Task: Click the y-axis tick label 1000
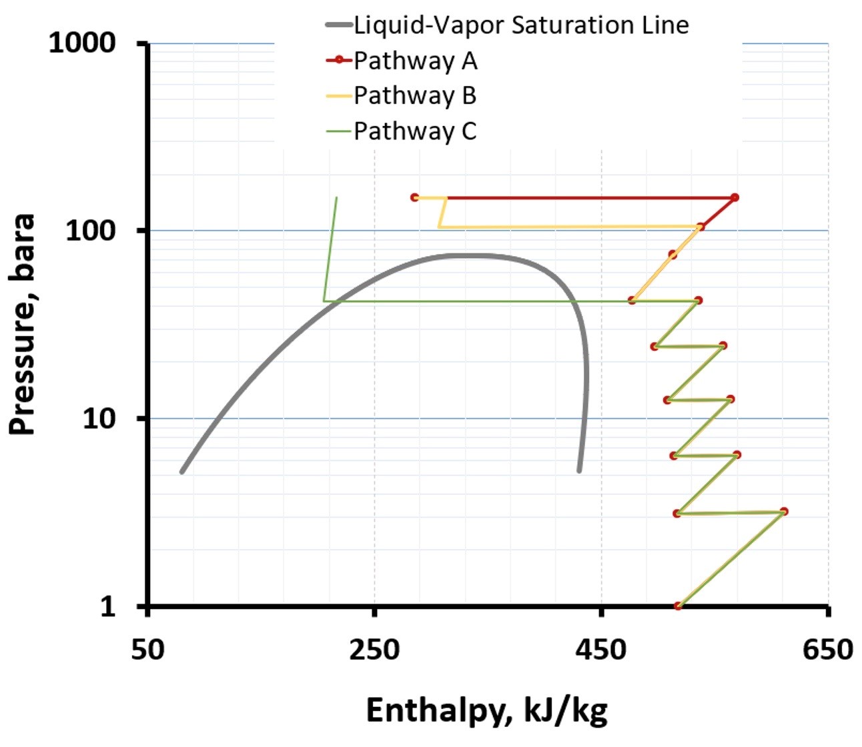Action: click(x=82, y=43)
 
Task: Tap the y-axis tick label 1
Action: click(x=107, y=606)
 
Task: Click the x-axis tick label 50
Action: click(x=147, y=648)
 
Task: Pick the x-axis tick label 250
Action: click(x=374, y=648)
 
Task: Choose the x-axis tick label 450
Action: click(x=602, y=648)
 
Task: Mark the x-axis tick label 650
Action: click(x=828, y=648)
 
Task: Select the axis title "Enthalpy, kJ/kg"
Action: click(x=487, y=711)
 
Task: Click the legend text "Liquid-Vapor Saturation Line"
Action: click(x=521, y=25)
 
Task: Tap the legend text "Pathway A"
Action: click(x=415, y=61)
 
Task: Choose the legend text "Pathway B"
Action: click(x=415, y=95)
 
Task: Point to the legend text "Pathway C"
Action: click(x=415, y=131)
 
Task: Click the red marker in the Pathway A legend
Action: click(x=339, y=61)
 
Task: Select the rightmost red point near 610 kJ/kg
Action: click(x=784, y=512)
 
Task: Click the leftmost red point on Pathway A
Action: click(x=414, y=197)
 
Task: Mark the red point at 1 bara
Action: click(x=678, y=606)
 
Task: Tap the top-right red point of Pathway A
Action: click(x=735, y=197)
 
